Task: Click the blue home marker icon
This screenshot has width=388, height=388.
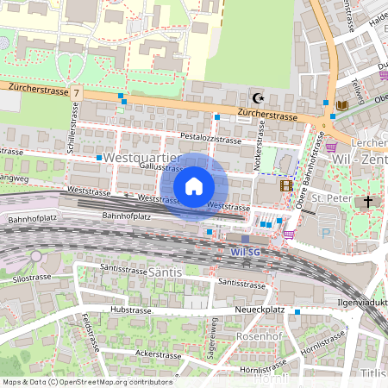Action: (x=194, y=186)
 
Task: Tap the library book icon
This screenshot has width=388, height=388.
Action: (x=342, y=105)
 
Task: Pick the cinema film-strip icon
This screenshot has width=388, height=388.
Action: (x=286, y=185)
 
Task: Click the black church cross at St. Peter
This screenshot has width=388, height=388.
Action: (x=368, y=202)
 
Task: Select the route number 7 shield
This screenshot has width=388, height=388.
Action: (x=77, y=91)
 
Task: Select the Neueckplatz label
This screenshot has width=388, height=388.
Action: (x=260, y=310)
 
